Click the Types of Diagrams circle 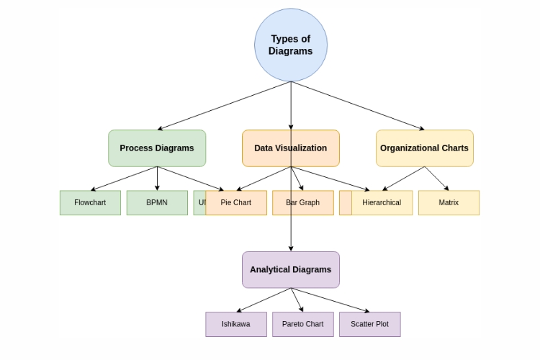pos(291,45)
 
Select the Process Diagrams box pos(157,148)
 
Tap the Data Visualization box pos(290,148)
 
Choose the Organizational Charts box pos(424,148)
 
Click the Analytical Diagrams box pos(290,269)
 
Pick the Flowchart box pos(90,202)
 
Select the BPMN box pos(157,202)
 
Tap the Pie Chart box pos(236,202)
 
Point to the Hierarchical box pos(382,202)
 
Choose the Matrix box pos(449,202)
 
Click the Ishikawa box pos(236,324)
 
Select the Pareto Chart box pos(302,324)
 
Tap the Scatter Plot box pos(369,324)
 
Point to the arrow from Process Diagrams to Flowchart pos(124,179)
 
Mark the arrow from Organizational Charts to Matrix pos(436,179)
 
